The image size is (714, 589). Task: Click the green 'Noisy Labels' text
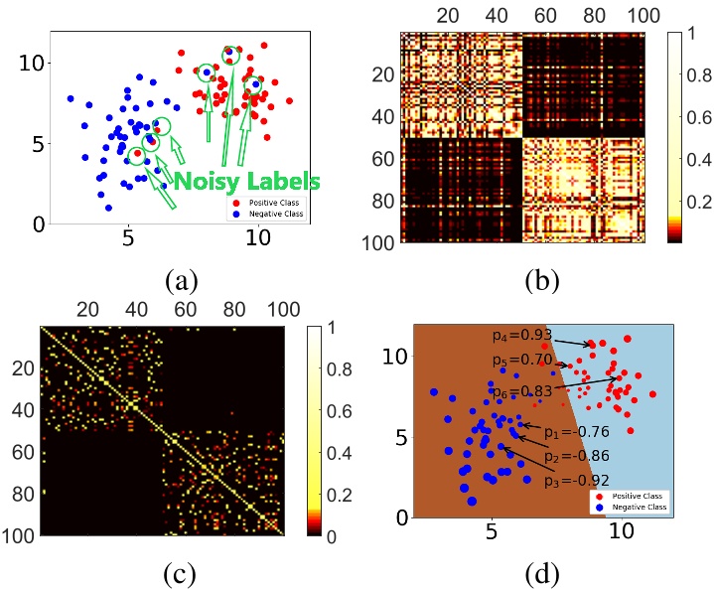tap(247, 182)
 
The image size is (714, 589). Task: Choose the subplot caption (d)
tap(541, 573)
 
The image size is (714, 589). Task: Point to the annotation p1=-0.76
tap(575, 433)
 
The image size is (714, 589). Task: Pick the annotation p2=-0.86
tap(575, 457)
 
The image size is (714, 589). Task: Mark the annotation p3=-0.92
tap(575, 482)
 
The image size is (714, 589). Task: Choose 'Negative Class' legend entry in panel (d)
tap(640, 507)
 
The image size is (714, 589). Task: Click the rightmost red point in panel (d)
tap(652, 394)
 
